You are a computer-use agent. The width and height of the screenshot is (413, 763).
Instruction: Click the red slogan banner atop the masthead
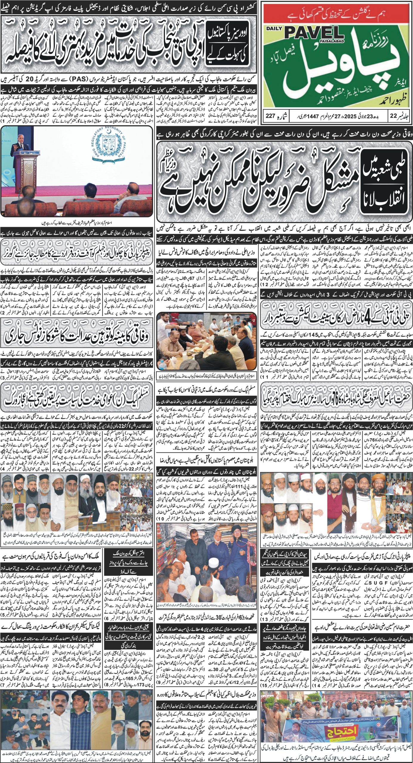[337, 14]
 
